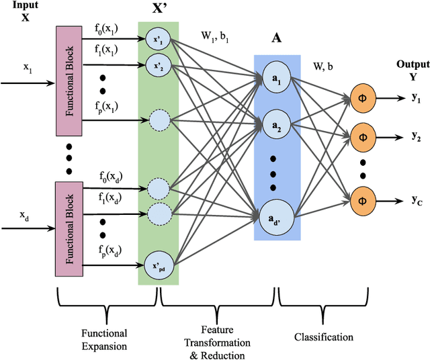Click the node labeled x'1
pyautogui.click(x=159, y=40)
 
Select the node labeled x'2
pyautogui.click(x=159, y=66)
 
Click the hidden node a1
pyautogui.click(x=276, y=78)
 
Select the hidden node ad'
pyautogui.click(x=276, y=216)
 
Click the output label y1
pyautogui.click(x=416, y=99)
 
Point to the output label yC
pyautogui.click(x=416, y=199)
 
